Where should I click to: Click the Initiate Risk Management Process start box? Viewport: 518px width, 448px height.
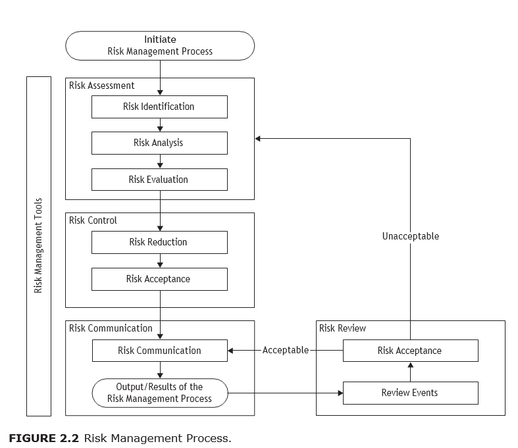coord(159,45)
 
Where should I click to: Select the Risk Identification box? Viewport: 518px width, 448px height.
coord(159,107)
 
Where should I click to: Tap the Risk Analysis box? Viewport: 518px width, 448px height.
coord(159,143)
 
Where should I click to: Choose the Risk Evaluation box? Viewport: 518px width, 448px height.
coord(159,180)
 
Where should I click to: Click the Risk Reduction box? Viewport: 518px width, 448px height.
coord(159,242)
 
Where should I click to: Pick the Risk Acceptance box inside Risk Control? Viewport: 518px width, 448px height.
coord(159,279)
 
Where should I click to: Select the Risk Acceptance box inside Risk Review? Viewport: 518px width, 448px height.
coord(410,351)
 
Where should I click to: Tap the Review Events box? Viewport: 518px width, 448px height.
coord(410,393)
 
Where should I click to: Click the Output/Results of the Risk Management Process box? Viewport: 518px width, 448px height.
coord(159,393)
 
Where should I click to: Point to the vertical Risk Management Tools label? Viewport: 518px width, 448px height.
coord(39,245)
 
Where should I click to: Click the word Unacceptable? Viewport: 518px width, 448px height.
coord(410,236)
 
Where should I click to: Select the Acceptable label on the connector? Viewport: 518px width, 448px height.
coord(286,351)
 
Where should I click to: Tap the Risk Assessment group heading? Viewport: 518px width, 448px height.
coord(102,86)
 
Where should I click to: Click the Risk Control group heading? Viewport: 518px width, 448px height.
coord(93,220)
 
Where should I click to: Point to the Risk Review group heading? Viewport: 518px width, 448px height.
coord(342,328)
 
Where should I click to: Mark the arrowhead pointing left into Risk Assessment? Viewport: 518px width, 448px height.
coord(259,138)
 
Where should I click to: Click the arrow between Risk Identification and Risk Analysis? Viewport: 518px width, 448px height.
coord(160,125)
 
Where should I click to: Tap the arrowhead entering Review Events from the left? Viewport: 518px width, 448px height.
coord(340,393)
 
